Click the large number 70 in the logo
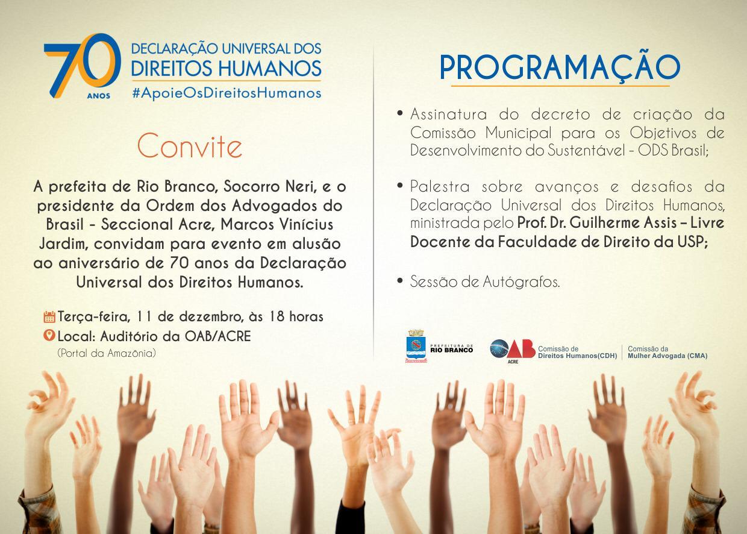click(82, 65)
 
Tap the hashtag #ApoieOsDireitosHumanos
click(227, 93)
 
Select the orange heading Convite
click(189, 146)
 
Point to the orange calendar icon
click(49, 316)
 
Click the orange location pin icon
click(49, 335)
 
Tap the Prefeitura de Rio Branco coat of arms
click(416, 346)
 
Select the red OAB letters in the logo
click(521, 348)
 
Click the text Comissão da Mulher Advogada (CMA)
click(667, 352)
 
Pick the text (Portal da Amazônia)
click(107, 353)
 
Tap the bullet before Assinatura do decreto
click(400, 113)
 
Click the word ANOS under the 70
click(99, 96)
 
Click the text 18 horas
click(296, 316)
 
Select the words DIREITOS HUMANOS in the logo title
click(227, 68)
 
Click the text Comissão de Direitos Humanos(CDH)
click(577, 352)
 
